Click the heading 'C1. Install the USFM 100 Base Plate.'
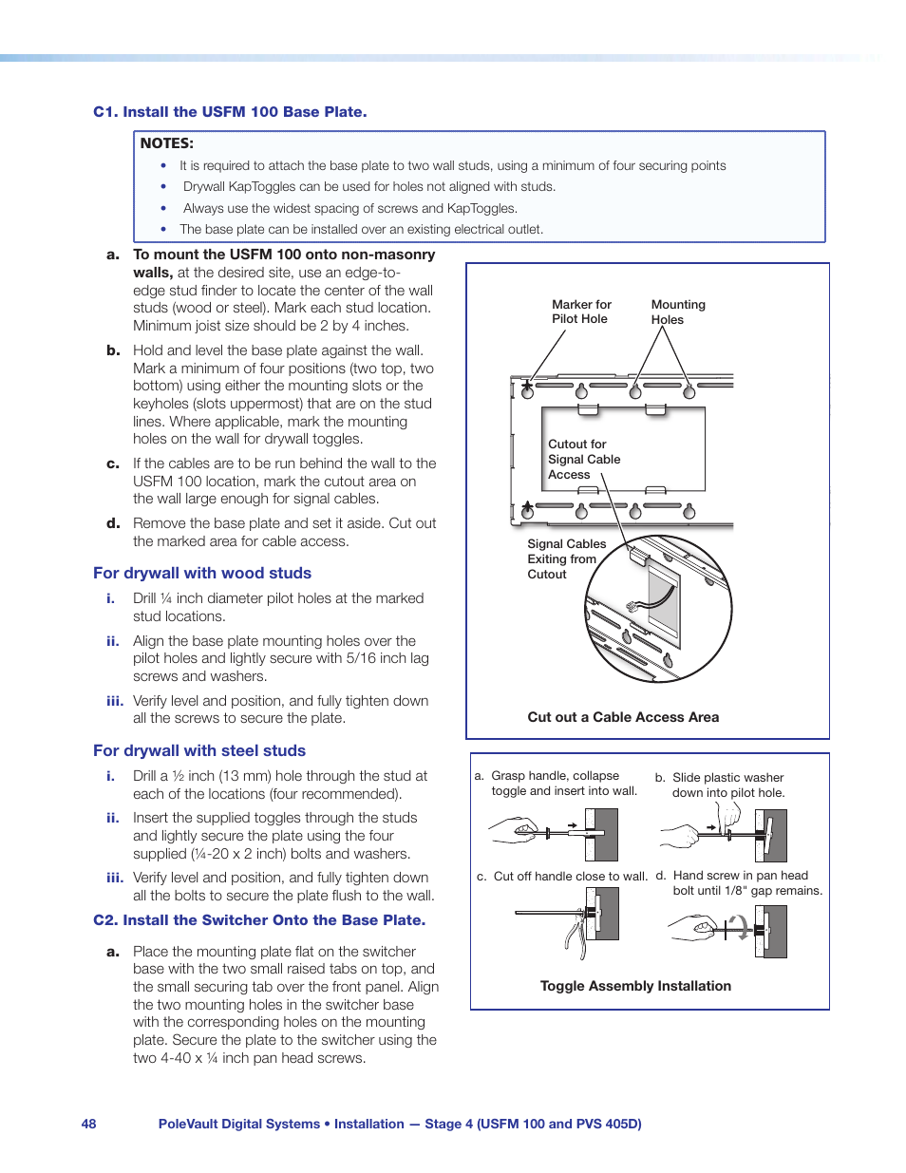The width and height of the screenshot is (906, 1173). pyautogui.click(x=230, y=112)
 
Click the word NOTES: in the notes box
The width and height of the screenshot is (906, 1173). pyautogui.click(x=166, y=143)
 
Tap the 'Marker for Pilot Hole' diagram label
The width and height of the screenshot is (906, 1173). pyautogui.click(x=581, y=312)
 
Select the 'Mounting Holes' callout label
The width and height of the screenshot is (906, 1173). pyautogui.click(x=677, y=312)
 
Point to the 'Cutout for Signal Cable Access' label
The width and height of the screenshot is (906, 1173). pyautogui.click(x=583, y=459)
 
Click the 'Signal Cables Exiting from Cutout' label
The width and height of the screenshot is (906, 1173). pyautogui.click(x=566, y=558)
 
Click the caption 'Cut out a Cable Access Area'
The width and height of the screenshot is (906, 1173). pyautogui.click(x=623, y=717)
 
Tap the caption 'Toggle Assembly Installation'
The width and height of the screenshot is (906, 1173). pyautogui.click(x=635, y=986)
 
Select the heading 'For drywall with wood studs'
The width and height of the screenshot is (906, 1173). pyautogui.click(x=202, y=573)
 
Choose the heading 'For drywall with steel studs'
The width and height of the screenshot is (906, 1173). pyautogui.click(x=199, y=750)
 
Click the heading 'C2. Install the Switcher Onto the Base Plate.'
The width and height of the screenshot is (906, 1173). pyautogui.click(x=259, y=919)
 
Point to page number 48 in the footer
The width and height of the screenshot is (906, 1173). pyautogui.click(x=88, y=1124)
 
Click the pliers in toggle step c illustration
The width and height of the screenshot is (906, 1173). pyautogui.click(x=576, y=936)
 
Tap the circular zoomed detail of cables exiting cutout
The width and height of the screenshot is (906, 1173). pyautogui.click(x=658, y=609)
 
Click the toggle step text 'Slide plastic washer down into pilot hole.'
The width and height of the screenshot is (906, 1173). pyautogui.click(x=727, y=785)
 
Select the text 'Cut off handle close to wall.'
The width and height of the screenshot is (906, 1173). pyautogui.click(x=570, y=876)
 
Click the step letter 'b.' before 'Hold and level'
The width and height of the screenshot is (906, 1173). pyautogui.click(x=113, y=350)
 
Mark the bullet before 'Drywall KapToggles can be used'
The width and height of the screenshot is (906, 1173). pyautogui.click(x=163, y=187)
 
